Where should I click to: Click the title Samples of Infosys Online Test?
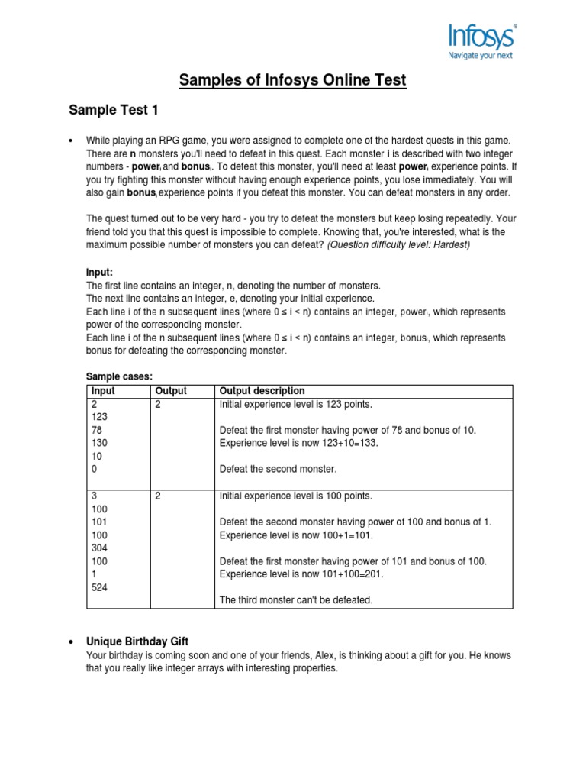click(293, 79)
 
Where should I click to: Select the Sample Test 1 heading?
click(114, 111)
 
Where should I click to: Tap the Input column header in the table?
click(102, 391)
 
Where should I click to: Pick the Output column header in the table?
click(170, 391)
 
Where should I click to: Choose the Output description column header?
click(262, 391)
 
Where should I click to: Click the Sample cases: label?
click(119, 377)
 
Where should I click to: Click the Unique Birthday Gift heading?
click(139, 641)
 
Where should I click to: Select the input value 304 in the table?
click(98, 548)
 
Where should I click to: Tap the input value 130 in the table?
click(98, 443)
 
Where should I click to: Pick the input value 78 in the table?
click(96, 430)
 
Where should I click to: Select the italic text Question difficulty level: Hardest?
click(399, 244)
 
